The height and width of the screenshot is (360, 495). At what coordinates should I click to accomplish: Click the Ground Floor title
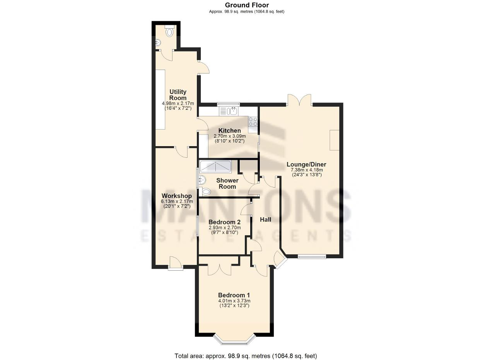(x=247, y=5)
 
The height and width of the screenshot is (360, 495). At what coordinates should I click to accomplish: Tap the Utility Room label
(x=178, y=95)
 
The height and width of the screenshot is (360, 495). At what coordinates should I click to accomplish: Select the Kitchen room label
(x=230, y=130)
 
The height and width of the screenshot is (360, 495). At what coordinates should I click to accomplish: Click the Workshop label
(x=177, y=196)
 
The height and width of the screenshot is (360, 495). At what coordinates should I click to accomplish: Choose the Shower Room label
(x=227, y=183)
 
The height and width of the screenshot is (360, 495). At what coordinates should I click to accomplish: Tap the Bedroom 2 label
(x=225, y=222)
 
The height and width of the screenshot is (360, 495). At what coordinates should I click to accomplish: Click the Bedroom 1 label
(x=234, y=295)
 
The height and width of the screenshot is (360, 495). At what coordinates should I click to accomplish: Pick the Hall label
(x=265, y=220)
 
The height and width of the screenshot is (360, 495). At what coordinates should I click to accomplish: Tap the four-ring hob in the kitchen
(x=253, y=121)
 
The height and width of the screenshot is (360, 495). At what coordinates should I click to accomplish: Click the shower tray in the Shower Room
(x=215, y=167)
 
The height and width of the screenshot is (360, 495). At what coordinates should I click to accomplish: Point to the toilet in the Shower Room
(x=205, y=191)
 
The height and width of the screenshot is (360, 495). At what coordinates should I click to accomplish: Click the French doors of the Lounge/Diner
(x=299, y=100)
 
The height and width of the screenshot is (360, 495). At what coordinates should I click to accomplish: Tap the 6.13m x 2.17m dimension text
(x=177, y=201)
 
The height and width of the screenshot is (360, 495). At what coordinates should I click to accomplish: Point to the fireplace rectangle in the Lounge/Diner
(x=335, y=140)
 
